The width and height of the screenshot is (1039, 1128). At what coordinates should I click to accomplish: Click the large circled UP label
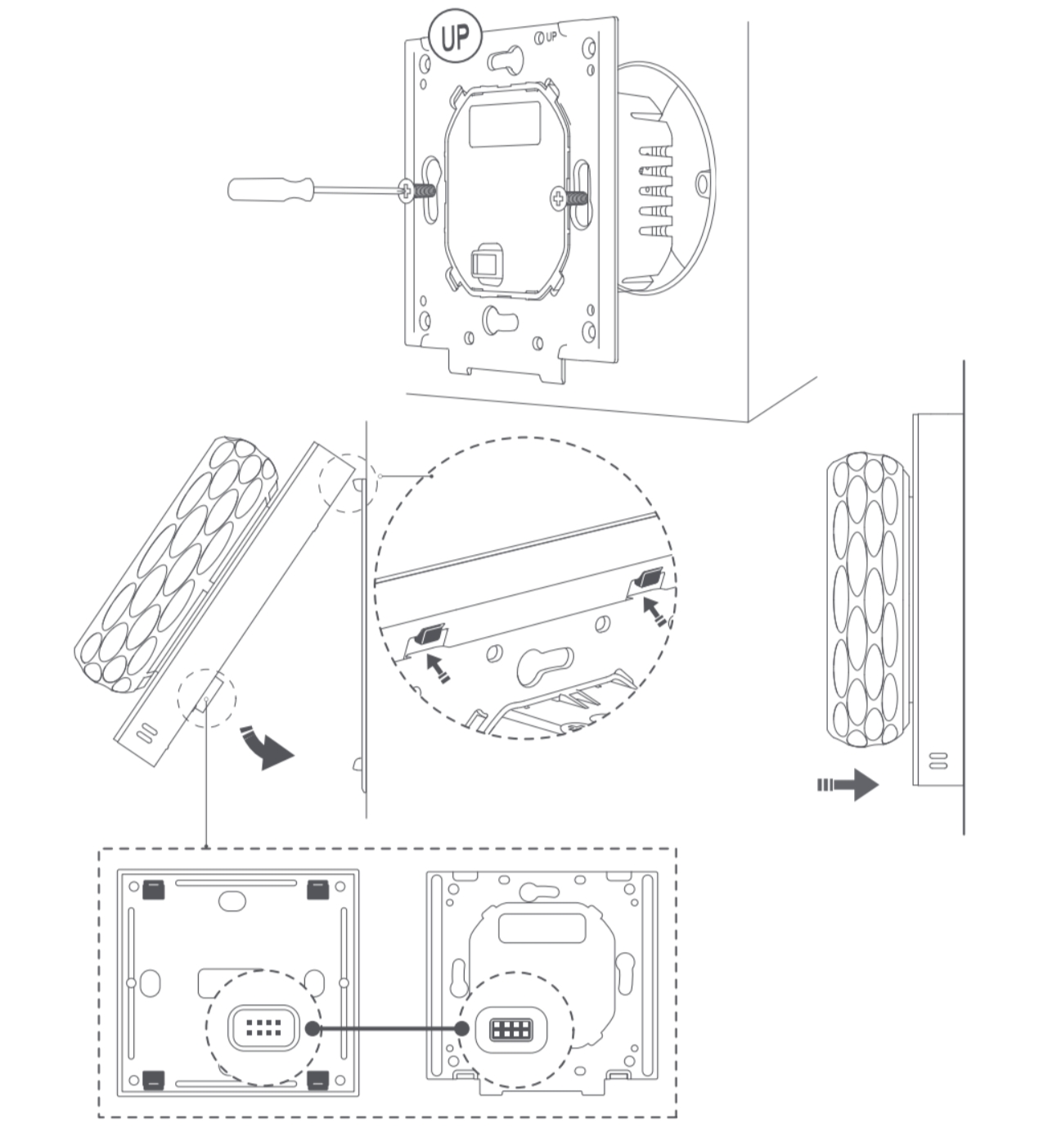point(456,38)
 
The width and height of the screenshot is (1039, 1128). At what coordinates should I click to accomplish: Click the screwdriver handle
point(271,189)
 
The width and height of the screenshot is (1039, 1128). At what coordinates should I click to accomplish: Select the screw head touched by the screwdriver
point(407,191)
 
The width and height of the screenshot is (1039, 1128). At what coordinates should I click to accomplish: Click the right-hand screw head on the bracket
point(558,198)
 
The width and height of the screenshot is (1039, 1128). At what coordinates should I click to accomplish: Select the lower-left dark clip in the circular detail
point(430,634)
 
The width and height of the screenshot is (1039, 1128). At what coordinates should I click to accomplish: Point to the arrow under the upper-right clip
point(655,611)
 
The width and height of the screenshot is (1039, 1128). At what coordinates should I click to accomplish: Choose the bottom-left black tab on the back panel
point(154,1081)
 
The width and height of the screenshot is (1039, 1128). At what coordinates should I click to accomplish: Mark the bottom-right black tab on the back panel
point(318,1081)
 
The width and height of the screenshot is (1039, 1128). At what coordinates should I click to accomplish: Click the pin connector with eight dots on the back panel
point(263,1028)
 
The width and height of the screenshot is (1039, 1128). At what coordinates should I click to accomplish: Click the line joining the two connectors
point(387,1029)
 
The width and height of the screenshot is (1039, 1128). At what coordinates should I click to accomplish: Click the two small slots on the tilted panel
point(146,732)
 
